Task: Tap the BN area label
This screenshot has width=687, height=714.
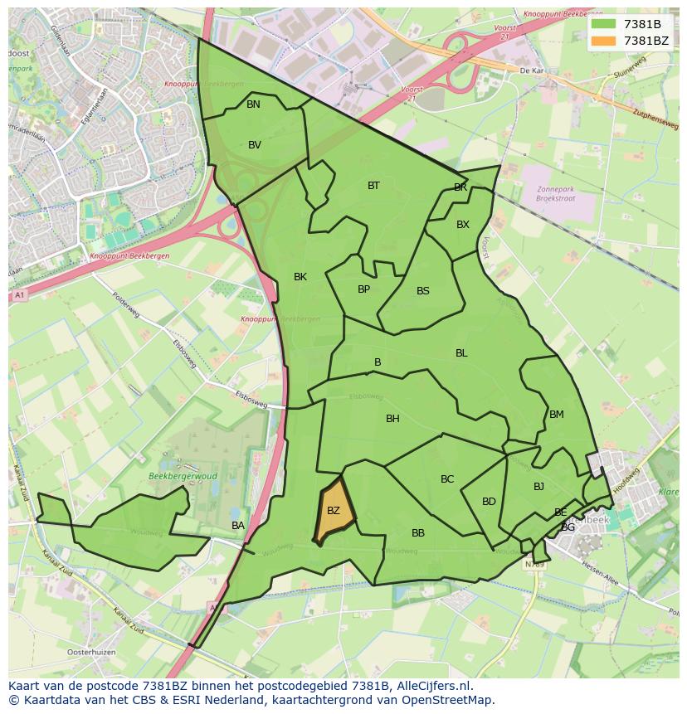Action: click(253, 104)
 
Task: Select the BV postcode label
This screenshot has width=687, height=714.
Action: click(255, 145)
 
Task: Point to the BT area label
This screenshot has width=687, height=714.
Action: click(373, 186)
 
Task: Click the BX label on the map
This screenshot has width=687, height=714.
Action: click(463, 225)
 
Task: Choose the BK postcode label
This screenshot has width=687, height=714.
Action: click(300, 277)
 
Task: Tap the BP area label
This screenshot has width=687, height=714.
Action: click(363, 289)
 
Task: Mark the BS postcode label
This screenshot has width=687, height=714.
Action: click(423, 291)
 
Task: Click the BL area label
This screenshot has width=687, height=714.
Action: click(461, 353)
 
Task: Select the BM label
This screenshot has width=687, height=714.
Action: click(556, 415)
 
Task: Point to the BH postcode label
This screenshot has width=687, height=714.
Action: click(392, 419)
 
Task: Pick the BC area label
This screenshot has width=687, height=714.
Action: click(447, 479)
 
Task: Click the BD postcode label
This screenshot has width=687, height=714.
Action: click(489, 502)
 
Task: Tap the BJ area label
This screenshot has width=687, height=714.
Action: click(538, 487)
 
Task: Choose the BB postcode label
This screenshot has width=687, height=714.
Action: click(418, 533)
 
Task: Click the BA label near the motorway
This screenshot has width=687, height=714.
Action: click(238, 526)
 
